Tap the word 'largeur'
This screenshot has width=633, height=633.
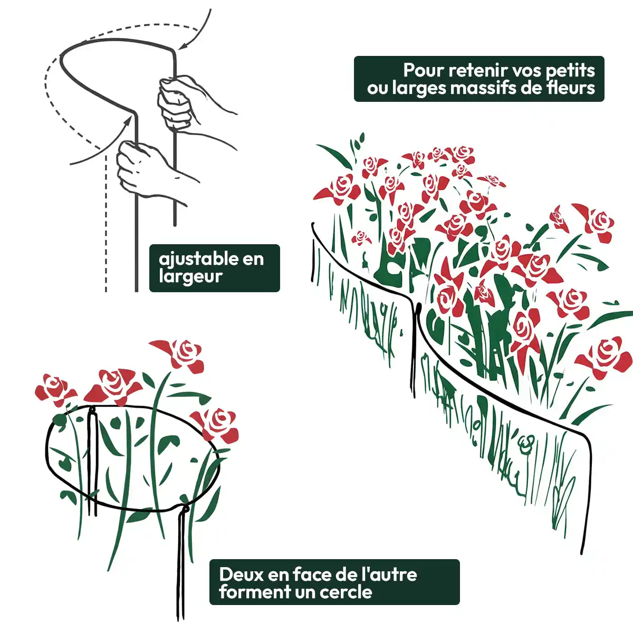[191, 276]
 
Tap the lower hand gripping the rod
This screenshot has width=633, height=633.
[148, 171]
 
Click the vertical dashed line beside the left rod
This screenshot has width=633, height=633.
[106, 223]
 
